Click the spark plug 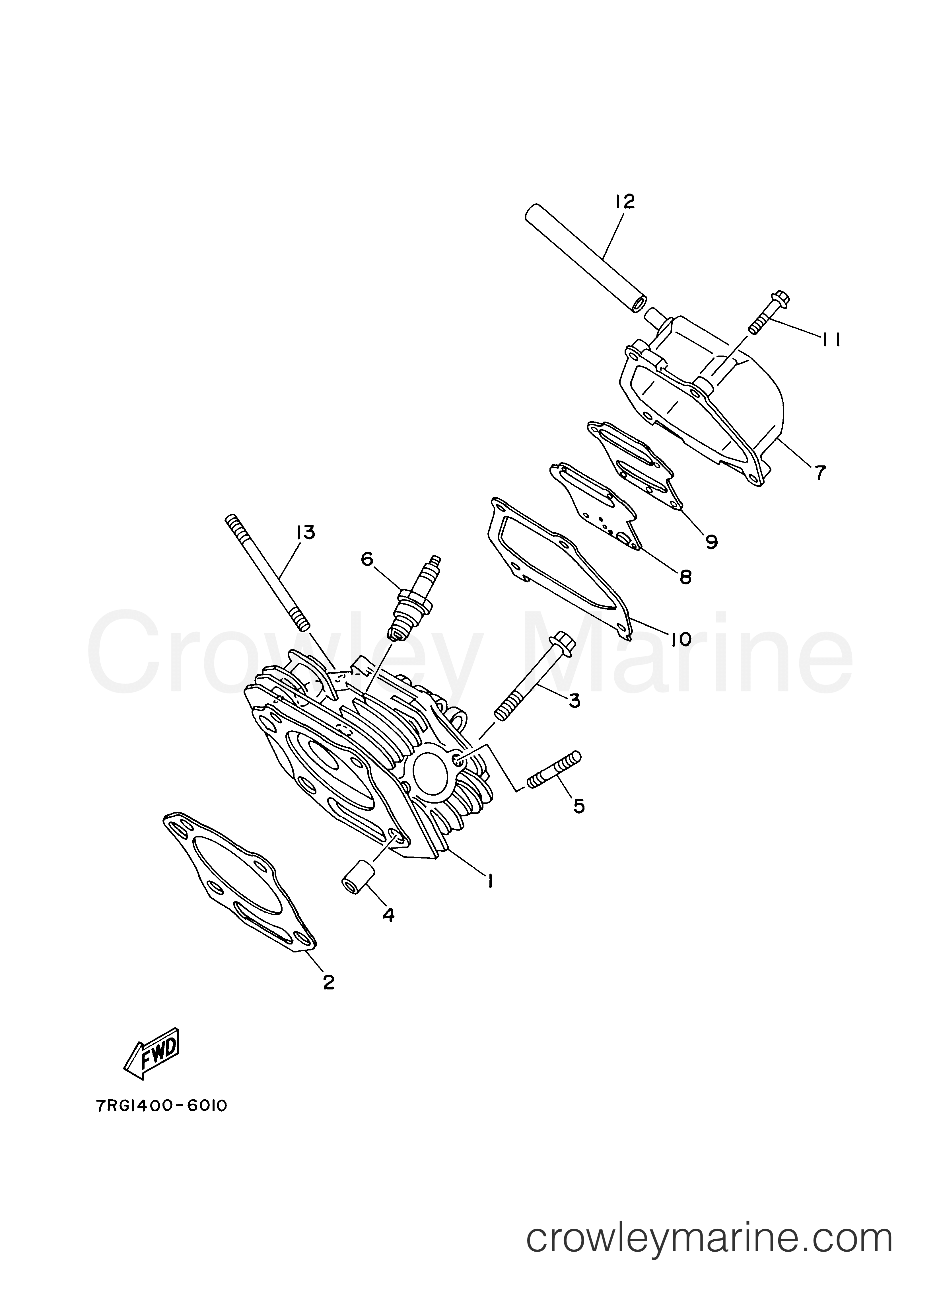[414, 597]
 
